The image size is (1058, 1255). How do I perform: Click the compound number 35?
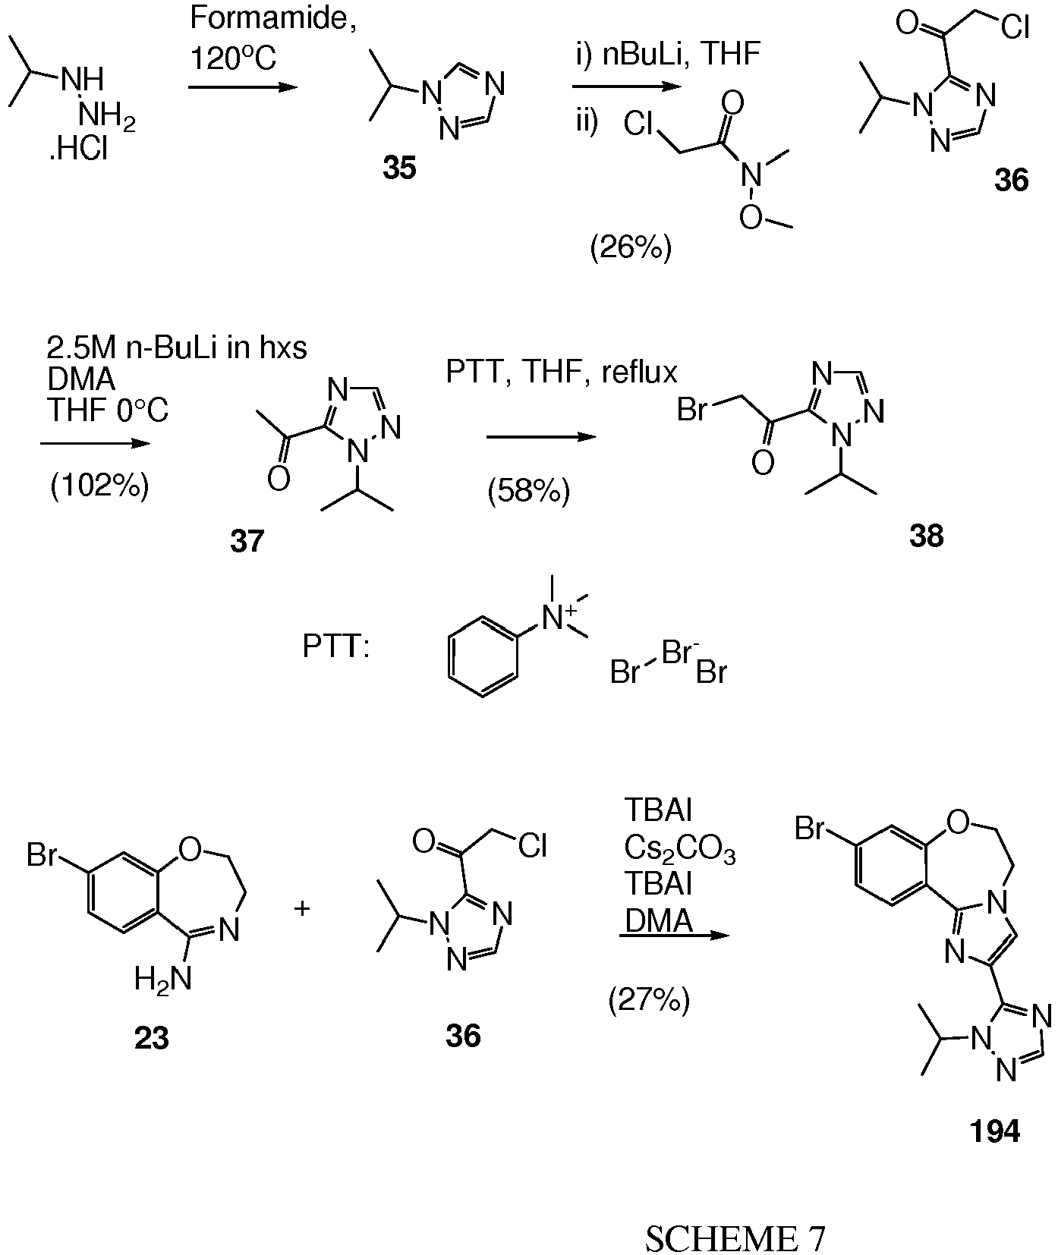pos(400,168)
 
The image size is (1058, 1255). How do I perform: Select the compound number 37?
pos(247,541)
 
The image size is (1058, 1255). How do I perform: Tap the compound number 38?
pos(926,536)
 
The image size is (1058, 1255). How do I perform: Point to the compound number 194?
pos(995,1131)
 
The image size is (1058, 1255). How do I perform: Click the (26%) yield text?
pos(631,248)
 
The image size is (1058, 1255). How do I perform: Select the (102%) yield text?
pos(99,485)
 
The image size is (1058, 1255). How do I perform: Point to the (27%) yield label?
pos(649,1001)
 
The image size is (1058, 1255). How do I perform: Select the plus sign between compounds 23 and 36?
pos(302,908)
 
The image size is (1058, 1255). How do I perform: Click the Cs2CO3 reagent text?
pos(680,852)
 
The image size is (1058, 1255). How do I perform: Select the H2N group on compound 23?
pos(162,980)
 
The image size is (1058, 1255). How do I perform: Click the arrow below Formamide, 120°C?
pos(241,87)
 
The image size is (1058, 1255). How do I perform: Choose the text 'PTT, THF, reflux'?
pos(562,373)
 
